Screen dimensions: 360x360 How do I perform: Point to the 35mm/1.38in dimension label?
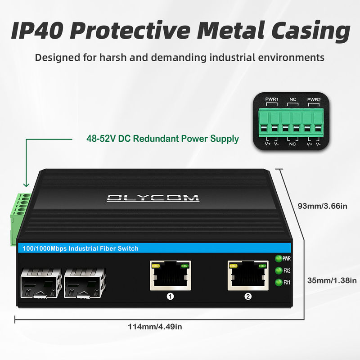point(332,280)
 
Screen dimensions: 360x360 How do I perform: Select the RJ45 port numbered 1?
point(171,275)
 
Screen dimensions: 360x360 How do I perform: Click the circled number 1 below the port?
point(171,296)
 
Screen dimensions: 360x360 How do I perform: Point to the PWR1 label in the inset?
point(272,99)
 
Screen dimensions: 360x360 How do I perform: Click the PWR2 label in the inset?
point(314,99)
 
